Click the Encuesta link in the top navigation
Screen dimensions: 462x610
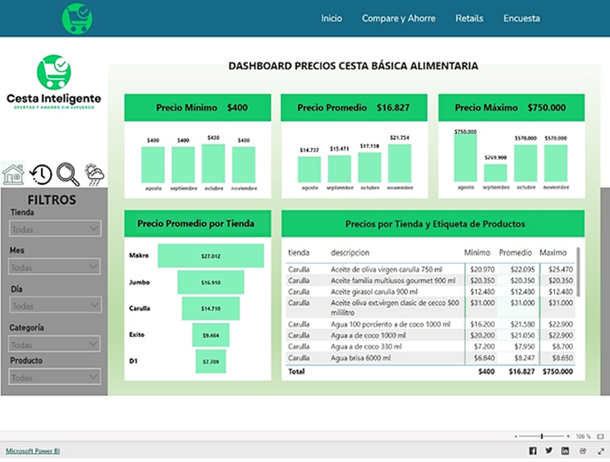521,18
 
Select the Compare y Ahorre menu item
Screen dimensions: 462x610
399,18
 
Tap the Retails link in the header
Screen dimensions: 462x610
469,18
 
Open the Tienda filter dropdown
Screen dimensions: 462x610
55,229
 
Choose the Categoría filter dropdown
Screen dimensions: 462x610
55,344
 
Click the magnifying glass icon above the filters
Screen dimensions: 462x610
68,174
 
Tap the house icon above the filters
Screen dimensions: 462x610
13,174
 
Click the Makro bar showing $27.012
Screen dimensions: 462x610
211,256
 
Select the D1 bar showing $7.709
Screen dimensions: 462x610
211,361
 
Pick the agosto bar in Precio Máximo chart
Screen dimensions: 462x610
466,158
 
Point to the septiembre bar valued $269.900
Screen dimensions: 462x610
496,173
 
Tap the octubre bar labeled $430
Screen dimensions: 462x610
213,163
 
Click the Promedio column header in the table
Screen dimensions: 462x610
515,252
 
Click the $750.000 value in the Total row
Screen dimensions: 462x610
555,371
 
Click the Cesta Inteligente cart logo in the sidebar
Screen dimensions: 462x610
54,72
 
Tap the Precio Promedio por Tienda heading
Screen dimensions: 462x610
197,223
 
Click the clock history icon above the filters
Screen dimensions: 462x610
41,174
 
